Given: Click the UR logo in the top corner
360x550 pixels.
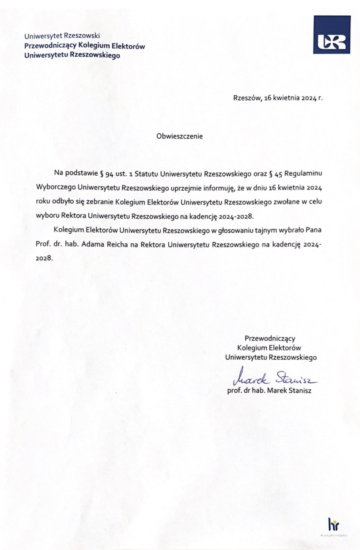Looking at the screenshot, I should (x=331, y=34).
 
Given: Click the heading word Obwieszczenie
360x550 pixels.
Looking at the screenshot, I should (x=179, y=136).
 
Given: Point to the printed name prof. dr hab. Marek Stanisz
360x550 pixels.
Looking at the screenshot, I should (x=269, y=391).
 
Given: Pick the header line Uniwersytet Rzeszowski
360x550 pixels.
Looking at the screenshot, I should (x=62, y=36).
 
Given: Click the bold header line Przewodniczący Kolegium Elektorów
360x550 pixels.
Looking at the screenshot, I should (x=84, y=46).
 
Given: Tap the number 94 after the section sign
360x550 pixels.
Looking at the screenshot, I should (x=110, y=173).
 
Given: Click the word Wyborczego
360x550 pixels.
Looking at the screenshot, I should (x=55, y=187).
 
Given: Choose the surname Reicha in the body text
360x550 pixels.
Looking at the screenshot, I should (x=117, y=244).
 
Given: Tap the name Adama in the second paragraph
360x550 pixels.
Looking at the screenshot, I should (x=93, y=244).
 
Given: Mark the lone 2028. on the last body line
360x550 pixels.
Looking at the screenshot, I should (x=44, y=258).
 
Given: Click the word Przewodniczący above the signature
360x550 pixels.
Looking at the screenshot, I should (x=270, y=338).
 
